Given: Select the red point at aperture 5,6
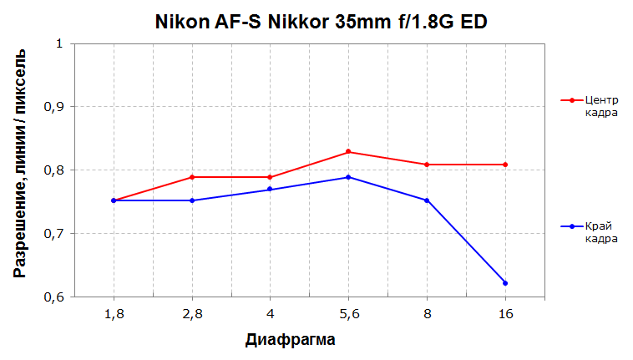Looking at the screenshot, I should pos(348,152).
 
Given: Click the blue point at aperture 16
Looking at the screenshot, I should pos(505,283).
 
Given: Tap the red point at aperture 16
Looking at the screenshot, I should pos(505,165).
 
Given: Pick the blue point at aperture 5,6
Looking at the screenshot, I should pos(348,177).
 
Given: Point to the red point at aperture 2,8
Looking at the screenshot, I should pos(192,177).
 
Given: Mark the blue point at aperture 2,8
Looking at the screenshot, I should pos(192,200).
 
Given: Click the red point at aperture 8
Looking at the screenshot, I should pos(427,165).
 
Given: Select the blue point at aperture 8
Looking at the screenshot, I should pos(427,200).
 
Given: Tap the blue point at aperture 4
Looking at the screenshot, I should pos(270,190).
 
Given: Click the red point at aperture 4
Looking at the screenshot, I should pos(270,177).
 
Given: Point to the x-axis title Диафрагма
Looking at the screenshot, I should pos(291,340).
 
